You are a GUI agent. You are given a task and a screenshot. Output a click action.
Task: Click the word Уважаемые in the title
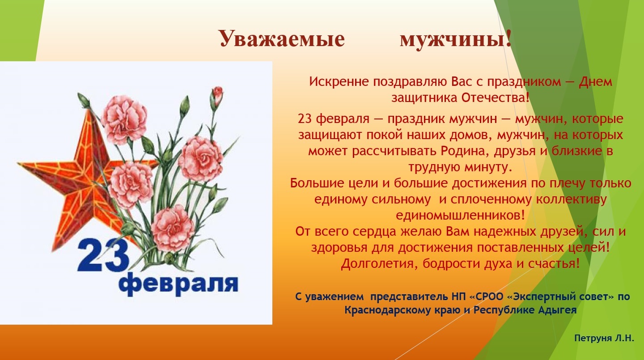point(282,39)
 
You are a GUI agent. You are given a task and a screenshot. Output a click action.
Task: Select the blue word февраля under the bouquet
point(178,285)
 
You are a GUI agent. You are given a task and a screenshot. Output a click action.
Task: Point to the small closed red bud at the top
point(218,95)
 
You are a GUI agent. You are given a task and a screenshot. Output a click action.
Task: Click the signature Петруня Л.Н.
point(604,339)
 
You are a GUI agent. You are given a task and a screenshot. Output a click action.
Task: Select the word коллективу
point(571,199)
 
